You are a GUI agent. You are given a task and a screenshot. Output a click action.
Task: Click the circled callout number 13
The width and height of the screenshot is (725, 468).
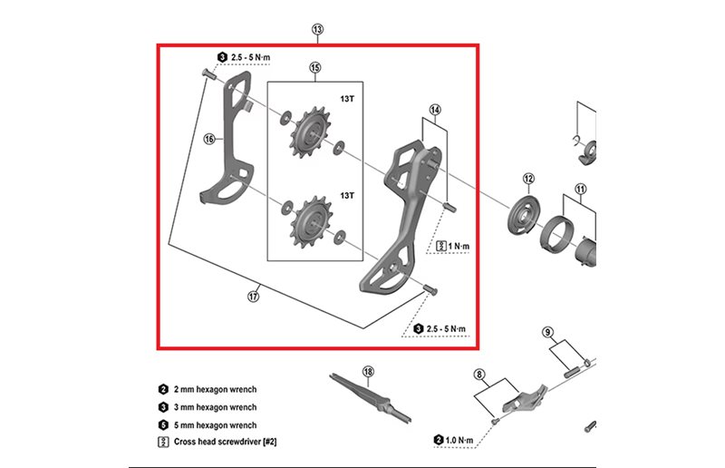click(x=317, y=30)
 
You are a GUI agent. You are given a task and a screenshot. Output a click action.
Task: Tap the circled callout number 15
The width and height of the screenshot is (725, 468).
click(x=315, y=67)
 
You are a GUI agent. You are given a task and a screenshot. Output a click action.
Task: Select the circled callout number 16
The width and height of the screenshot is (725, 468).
click(x=208, y=139)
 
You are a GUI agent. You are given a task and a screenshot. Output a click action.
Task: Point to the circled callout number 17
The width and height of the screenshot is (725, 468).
click(x=255, y=295)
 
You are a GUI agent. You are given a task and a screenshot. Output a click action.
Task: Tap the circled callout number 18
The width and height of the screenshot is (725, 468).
click(x=368, y=371)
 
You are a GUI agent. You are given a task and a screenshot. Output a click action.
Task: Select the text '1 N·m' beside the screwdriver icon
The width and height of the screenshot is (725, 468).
click(x=462, y=246)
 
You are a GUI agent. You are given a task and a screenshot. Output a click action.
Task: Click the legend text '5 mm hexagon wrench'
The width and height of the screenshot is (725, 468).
click(x=213, y=425)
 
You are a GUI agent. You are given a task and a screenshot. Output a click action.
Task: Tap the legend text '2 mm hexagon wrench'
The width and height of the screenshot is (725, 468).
click(x=213, y=389)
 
